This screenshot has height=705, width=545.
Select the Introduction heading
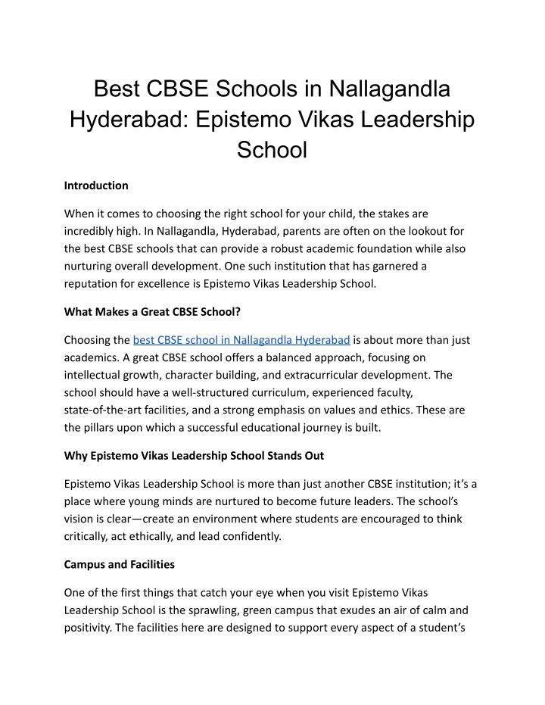tap(96, 185)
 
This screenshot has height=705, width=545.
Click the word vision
tap(80, 520)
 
